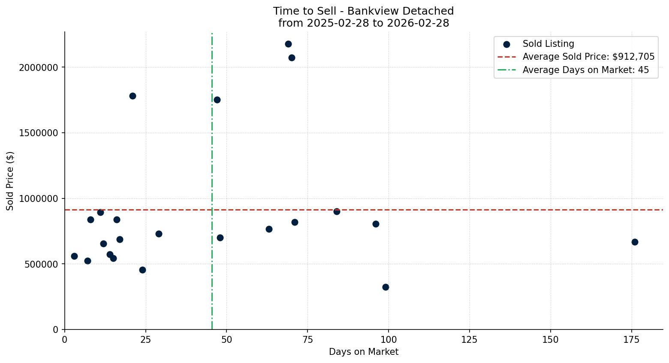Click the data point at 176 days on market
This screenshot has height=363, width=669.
click(x=635, y=242)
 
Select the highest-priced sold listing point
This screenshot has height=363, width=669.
click(x=288, y=44)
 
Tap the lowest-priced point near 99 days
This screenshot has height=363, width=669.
click(x=386, y=287)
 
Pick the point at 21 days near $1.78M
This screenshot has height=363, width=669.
click(x=133, y=96)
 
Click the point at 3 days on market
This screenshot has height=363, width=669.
click(x=74, y=256)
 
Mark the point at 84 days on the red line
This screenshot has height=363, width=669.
click(x=337, y=211)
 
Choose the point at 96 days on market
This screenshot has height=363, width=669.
click(x=376, y=224)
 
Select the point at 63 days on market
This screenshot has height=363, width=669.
click(x=269, y=229)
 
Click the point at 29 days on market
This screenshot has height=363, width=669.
click(x=159, y=234)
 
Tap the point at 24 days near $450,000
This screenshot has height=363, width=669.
click(x=142, y=270)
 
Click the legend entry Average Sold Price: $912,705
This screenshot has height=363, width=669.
click(x=588, y=57)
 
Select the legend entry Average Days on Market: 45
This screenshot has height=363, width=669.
click(x=585, y=70)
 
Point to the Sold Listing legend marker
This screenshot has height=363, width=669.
click(x=506, y=44)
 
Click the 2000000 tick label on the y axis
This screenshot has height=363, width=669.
click(x=39, y=67)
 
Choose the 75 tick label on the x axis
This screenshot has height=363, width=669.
click(x=307, y=340)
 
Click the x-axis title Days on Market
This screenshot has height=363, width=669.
click(x=363, y=352)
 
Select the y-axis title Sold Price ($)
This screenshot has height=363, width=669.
click(x=10, y=181)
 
